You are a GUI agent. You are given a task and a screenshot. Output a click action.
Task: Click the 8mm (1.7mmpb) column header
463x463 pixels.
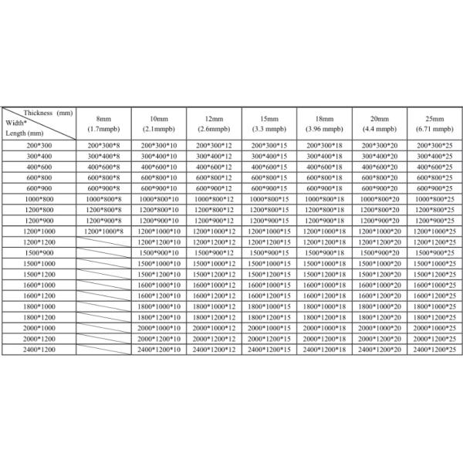(x=103, y=123)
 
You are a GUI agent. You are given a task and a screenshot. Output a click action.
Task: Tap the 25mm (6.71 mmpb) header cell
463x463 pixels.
(x=434, y=123)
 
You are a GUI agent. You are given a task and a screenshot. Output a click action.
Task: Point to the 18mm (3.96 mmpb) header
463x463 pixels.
(x=325, y=123)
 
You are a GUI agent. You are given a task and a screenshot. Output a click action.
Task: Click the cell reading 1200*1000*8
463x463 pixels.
(x=103, y=231)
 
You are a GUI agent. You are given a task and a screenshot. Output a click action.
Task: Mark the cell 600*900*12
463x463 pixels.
(x=215, y=188)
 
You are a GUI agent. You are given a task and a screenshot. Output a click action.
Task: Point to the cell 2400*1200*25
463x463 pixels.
(x=434, y=350)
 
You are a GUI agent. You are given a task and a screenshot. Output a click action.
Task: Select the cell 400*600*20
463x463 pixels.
(x=380, y=167)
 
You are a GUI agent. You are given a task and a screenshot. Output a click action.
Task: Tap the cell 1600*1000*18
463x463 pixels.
(x=325, y=285)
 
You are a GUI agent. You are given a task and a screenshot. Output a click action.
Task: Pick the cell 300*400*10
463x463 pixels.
(x=159, y=157)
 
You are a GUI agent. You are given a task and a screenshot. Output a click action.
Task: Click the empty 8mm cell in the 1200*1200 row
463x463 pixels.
(x=103, y=242)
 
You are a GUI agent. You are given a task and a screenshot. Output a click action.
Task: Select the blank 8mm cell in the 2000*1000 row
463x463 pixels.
(x=103, y=328)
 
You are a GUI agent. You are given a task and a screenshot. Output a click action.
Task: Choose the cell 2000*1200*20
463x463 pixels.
(x=380, y=339)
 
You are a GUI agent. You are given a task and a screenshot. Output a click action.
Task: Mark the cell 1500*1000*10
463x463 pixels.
(x=159, y=264)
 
